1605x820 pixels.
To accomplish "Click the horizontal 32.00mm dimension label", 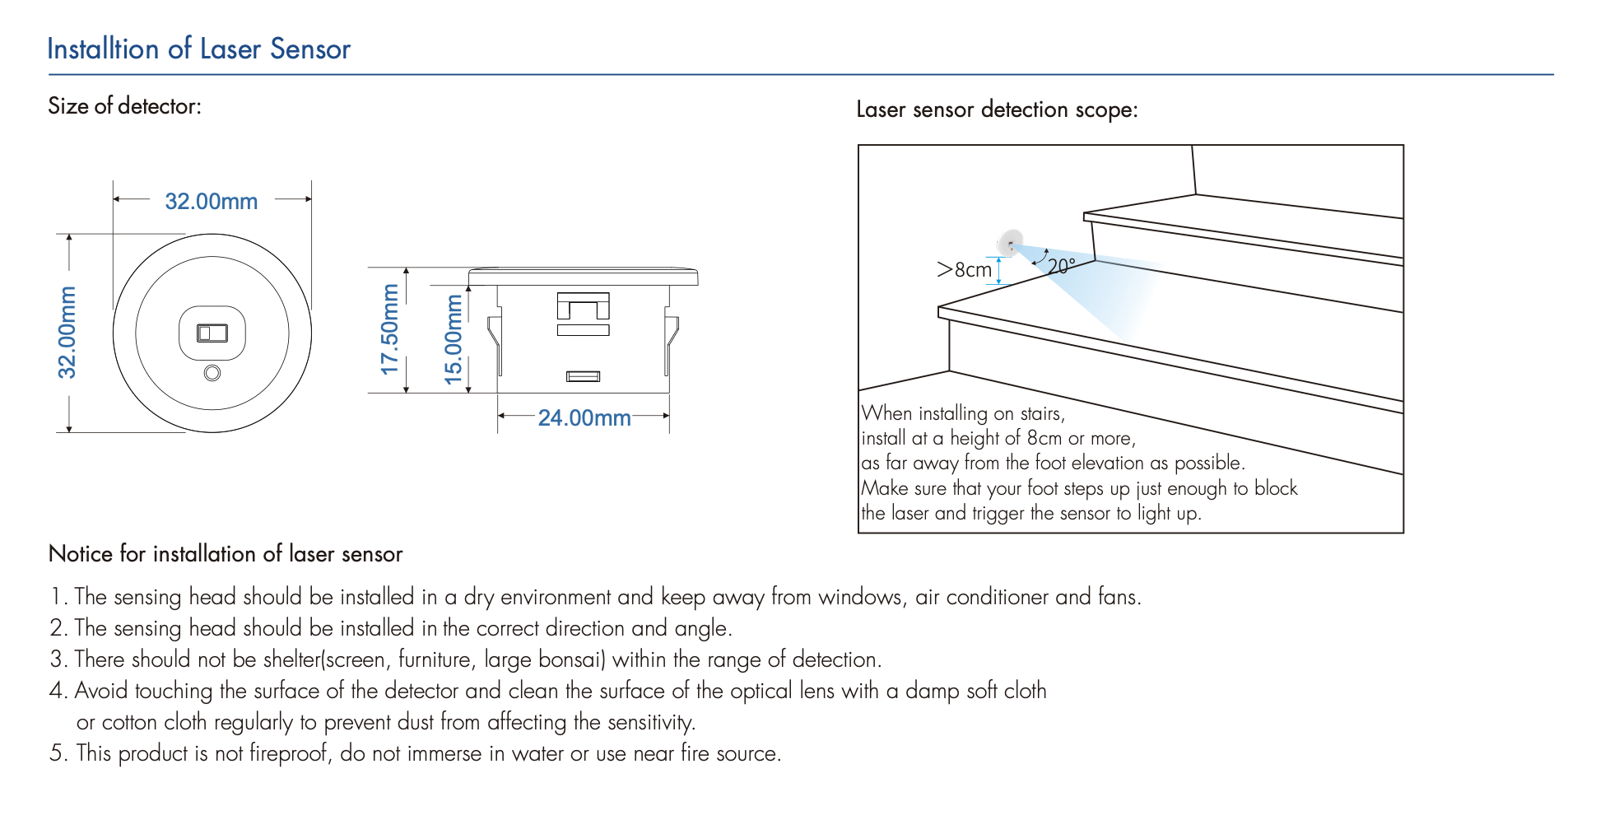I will click(211, 202).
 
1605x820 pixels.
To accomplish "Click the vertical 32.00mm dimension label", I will click(67, 333).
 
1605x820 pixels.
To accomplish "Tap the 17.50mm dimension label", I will click(389, 329).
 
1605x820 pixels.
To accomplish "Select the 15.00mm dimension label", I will click(454, 339).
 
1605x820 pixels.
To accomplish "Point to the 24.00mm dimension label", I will click(584, 418).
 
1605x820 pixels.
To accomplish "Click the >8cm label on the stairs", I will click(964, 270).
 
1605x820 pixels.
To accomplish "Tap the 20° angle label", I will click(1061, 266).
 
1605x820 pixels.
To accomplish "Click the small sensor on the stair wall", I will click(1010, 243).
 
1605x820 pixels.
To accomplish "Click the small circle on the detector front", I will click(212, 373).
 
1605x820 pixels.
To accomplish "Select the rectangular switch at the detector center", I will click(212, 333).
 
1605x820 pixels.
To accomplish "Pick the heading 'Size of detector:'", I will click(124, 106).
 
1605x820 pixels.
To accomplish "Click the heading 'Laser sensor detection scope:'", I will click(997, 109).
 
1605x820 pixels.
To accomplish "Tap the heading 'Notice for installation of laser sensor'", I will click(226, 554).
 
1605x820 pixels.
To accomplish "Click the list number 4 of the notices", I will click(57, 691).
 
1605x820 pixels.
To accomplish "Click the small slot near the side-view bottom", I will click(583, 376).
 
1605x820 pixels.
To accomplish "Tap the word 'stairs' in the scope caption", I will click(1040, 413).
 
